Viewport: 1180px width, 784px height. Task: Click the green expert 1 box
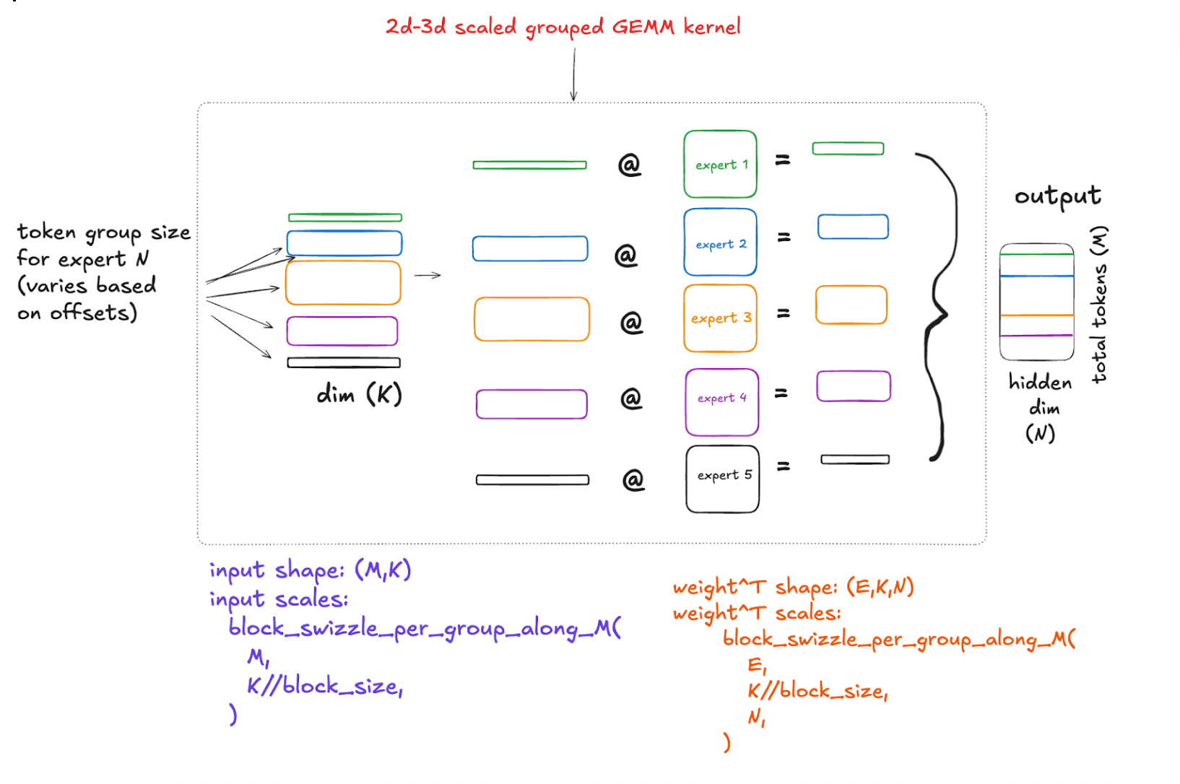point(720,164)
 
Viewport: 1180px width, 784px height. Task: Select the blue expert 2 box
point(720,243)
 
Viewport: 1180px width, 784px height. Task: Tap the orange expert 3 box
point(720,318)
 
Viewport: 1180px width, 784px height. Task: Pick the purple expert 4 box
point(721,402)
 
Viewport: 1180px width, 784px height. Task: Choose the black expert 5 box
point(722,479)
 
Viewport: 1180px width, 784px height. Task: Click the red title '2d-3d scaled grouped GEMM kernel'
point(563,27)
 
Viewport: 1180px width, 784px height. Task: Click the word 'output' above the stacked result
point(1057,196)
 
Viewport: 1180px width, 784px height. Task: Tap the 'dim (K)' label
point(359,394)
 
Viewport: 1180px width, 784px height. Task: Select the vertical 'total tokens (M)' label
point(1098,304)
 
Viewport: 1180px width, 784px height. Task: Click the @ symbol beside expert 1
point(629,165)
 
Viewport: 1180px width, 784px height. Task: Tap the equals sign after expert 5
point(783,466)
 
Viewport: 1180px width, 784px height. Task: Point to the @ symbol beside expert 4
point(630,398)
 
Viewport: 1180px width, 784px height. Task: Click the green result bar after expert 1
point(848,149)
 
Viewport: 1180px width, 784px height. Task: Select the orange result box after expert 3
point(851,305)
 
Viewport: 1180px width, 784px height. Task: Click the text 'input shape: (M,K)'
point(310,570)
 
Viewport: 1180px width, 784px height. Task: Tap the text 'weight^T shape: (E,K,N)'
point(793,588)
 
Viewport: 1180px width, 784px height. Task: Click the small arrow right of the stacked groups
point(428,275)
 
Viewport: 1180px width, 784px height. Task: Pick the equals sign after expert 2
point(784,237)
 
